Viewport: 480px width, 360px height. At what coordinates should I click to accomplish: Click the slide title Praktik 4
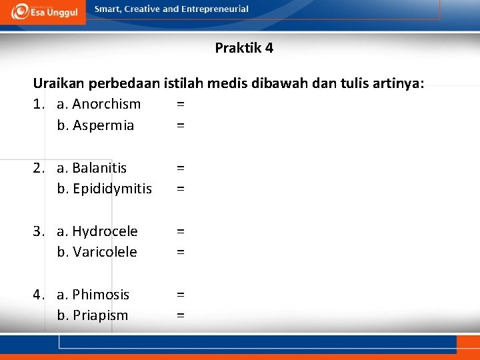point(244,48)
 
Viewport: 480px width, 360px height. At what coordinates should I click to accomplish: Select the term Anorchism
point(106,104)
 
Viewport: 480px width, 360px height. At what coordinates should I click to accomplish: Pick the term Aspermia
point(103,125)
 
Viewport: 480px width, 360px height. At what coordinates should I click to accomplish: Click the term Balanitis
point(99,167)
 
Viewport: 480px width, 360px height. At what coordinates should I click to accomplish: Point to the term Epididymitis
point(112,189)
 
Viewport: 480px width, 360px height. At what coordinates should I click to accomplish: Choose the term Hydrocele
point(105,231)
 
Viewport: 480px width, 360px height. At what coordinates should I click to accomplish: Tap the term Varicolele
point(105,252)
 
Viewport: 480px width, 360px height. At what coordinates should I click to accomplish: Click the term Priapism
point(100,315)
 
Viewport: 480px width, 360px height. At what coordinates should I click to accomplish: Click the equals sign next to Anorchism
point(181,104)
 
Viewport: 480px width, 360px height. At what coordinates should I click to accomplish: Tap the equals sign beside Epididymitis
point(181,189)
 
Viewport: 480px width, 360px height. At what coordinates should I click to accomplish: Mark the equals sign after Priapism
point(181,315)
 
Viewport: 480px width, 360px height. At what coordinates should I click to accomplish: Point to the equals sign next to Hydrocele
point(181,231)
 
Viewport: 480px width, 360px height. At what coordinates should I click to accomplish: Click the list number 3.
point(39,231)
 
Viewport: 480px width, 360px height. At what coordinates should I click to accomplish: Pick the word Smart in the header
point(108,9)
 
